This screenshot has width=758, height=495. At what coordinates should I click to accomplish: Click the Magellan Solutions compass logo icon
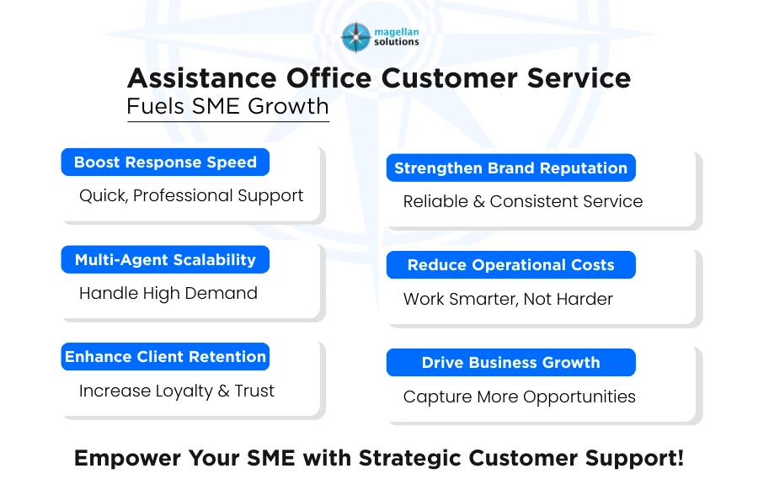tap(355, 37)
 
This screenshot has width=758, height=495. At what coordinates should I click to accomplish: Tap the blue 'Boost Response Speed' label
tap(165, 162)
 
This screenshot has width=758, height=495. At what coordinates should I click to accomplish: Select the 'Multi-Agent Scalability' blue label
tap(165, 260)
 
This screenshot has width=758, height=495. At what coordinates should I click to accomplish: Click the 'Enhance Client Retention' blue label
tap(165, 357)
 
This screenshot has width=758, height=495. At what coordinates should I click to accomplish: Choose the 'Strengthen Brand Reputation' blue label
tap(510, 168)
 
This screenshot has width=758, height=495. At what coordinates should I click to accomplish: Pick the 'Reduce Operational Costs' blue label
tap(510, 265)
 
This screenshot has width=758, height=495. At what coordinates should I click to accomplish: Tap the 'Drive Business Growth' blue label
tap(510, 363)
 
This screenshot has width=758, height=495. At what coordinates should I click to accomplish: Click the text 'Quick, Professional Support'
tap(191, 195)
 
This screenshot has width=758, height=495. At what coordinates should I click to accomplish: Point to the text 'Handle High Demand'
tap(168, 293)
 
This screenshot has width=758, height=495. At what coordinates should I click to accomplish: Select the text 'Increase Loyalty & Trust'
tap(177, 391)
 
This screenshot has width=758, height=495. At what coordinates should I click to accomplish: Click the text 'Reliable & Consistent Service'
tap(522, 201)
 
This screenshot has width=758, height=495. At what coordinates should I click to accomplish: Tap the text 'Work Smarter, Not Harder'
tap(508, 299)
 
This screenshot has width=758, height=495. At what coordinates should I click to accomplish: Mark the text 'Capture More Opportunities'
tap(519, 397)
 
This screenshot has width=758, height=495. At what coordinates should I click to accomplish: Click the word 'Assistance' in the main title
tap(202, 78)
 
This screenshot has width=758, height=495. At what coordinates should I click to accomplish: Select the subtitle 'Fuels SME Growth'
tap(227, 106)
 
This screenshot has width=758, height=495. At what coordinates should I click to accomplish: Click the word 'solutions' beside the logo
tap(396, 42)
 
